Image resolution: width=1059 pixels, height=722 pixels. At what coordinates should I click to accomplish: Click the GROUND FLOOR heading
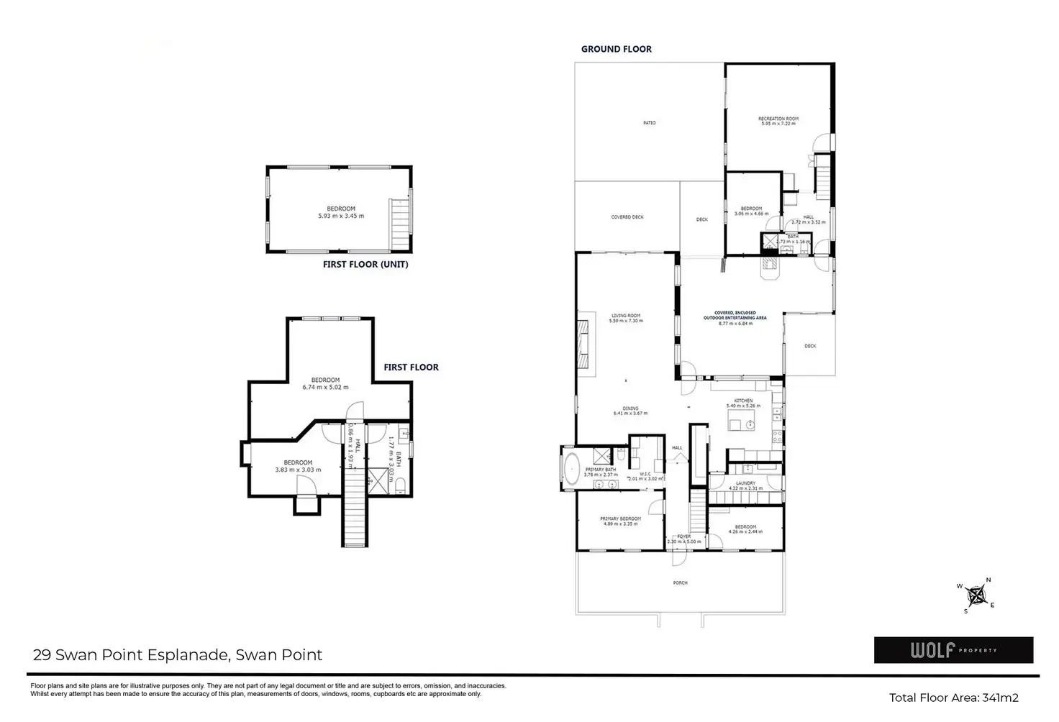pos(616,49)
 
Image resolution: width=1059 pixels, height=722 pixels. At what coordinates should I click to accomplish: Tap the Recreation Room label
pos(778,121)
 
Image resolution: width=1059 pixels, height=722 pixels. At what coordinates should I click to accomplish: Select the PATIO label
pos(649,123)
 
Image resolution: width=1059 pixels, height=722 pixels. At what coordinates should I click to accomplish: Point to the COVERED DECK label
pos(627,217)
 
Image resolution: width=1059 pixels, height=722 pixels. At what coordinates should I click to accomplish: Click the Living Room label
pos(625,318)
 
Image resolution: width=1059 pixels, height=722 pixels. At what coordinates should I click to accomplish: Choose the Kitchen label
pos(743,403)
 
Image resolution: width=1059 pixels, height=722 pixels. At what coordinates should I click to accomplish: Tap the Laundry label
pos(745,485)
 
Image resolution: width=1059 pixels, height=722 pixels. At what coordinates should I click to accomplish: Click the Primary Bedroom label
pos(620,521)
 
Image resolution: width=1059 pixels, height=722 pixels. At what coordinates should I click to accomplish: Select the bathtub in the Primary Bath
pos(572,467)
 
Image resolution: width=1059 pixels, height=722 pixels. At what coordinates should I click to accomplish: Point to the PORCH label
pos(680,582)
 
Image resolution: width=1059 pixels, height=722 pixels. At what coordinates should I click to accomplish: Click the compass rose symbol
pos(976,595)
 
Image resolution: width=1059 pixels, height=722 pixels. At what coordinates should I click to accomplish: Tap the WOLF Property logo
pos(953,650)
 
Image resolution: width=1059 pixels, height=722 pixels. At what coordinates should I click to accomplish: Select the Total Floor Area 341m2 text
pos(953,698)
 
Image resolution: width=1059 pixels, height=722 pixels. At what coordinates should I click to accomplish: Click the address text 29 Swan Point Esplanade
pos(178,655)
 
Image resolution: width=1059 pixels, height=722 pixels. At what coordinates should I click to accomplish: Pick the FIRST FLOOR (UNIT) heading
pos(365,264)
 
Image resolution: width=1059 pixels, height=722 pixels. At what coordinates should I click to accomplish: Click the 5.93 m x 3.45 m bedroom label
pos(341,212)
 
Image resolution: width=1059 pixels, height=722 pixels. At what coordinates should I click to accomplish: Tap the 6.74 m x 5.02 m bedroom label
pos(325,383)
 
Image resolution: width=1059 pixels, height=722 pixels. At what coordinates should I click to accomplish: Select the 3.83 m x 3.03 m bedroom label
pos(298,466)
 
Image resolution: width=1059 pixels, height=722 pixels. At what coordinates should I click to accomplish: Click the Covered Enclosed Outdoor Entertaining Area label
pos(735,318)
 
